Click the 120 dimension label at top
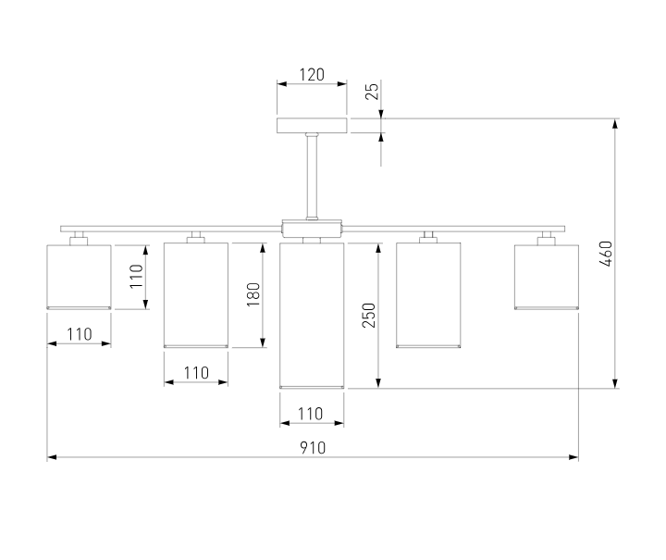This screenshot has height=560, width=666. coord(312,75)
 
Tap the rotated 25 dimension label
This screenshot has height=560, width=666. coord(372,92)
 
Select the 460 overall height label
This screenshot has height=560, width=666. coord(606,254)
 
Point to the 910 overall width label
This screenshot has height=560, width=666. coord(313,448)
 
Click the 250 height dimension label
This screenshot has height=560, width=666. coord(369,315)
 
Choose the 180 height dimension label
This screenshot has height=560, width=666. coord(253,294)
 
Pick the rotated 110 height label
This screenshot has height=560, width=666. coord(136,276)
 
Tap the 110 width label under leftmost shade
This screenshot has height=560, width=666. coord(80,334)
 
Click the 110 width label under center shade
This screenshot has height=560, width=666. coord(311,414)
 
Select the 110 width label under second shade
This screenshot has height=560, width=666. coord(196,373)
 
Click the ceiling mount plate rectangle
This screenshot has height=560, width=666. coord(312,125)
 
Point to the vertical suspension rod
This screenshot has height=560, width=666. coord(312,176)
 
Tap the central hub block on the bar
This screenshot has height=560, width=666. coord(312,229)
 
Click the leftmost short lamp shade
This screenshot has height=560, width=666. coord(79,277)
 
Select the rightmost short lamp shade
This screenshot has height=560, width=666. coord(547,277)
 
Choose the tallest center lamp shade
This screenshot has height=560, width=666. coord(312,316)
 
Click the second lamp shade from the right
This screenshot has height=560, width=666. coord(428,295)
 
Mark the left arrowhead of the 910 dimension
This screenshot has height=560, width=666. coord(52,457)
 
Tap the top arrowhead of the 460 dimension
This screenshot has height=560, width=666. coord(615,124)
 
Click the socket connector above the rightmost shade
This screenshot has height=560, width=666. coord(547,239)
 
